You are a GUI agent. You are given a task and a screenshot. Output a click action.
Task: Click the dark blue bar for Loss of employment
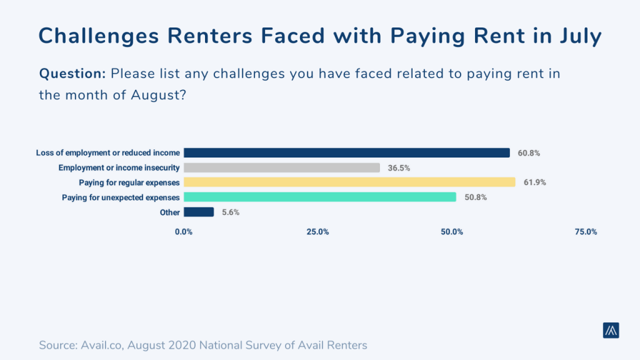(x=347, y=152)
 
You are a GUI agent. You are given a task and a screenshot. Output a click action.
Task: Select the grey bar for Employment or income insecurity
(x=282, y=167)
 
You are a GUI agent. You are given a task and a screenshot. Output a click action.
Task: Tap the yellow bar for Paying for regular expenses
(x=349, y=182)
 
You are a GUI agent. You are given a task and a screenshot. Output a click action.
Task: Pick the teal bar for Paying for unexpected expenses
(x=320, y=197)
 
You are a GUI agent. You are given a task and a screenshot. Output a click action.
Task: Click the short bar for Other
(x=199, y=212)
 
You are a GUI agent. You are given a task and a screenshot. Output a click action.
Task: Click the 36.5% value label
(x=399, y=167)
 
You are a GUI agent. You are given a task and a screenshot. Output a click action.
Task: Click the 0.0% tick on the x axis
(x=184, y=232)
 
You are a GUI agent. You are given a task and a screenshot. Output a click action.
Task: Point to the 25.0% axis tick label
(x=317, y=232)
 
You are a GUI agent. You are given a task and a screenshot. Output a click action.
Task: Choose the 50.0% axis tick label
(x=452, y=232)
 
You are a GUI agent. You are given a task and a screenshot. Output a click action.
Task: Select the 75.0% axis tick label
(x=586, y=232)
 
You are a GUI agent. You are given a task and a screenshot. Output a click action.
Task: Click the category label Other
(x=170, y=212)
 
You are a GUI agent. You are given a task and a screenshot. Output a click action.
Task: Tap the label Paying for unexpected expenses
(x=121, y=197)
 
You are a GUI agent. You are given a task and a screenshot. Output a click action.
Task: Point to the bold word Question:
(x=72, y=73)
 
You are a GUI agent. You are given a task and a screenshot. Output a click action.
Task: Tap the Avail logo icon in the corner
(x=611, y=331)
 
